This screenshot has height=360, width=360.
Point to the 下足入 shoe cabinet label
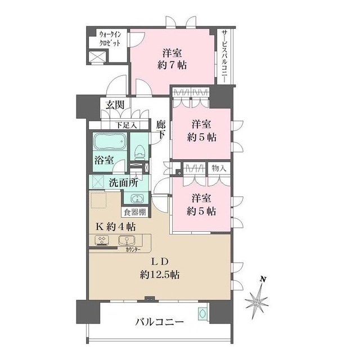[125, 125]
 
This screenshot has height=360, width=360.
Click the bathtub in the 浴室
[110, 141]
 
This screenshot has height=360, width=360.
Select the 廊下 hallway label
[161, 130]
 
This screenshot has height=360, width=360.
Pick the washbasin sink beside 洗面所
[137, 197]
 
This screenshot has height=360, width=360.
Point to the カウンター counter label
[134, 249]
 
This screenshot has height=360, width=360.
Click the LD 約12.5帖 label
[160, 269]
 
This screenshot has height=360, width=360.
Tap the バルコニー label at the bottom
[159, 322]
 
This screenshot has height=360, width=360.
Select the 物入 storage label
[218, 168]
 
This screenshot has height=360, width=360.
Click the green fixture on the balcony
[202, 314]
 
